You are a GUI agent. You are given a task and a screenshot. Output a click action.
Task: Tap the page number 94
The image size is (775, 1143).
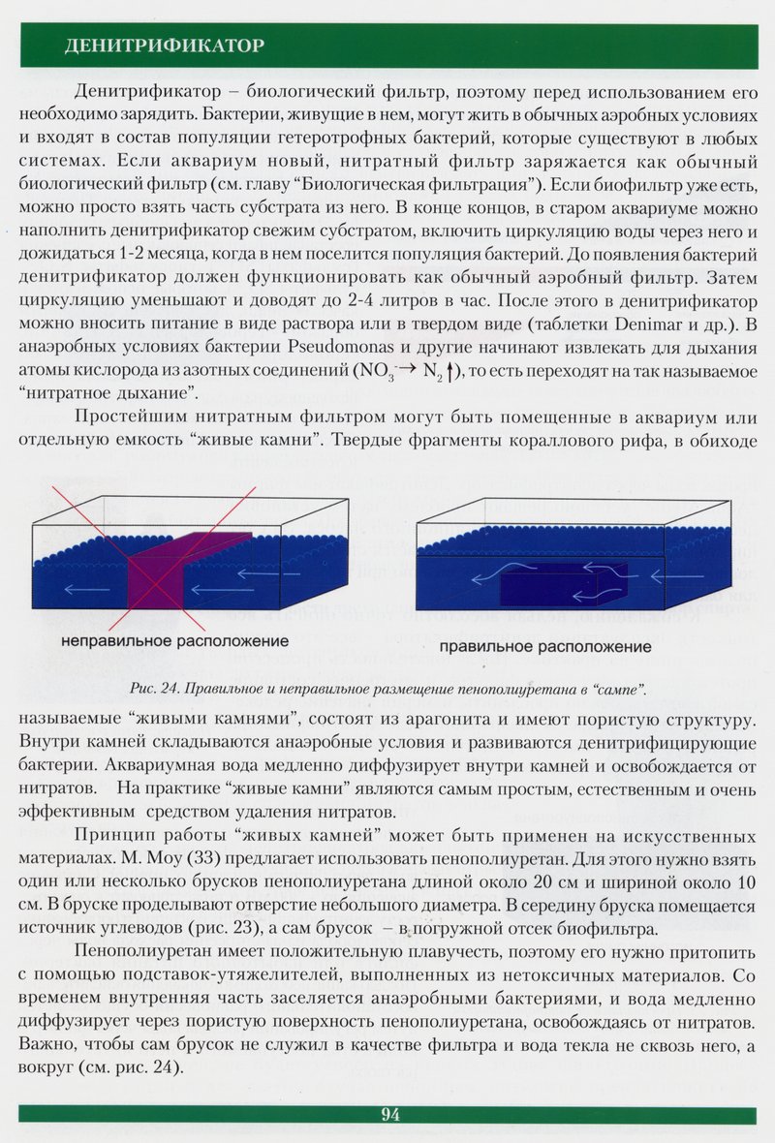point(390,1114)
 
